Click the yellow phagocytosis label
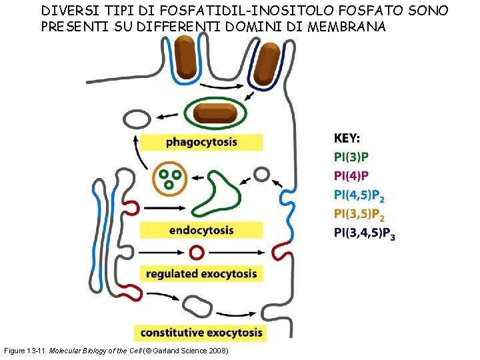pyautogui.click(x=201, y=142)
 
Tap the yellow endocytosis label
pyautogui.click(x=201, y=230)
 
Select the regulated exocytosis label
pyautogui.click(x=201, y=273)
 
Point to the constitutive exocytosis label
pyautogui.click(x=201, y=332)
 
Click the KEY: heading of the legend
pyautogui.click(x=347, y=139)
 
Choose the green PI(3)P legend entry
pyautogui.click(x=351, y=157)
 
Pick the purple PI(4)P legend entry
pyautogui.click(x=351, y=177)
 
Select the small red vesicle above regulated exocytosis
pyautogui.click(x=197, y=253)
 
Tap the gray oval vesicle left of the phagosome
pyautogui.click(x=139, y=120)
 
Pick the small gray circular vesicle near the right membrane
pyautogui.click(x=262, y=175)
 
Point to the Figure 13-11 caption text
pyautogui.click(x=117, y=351)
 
